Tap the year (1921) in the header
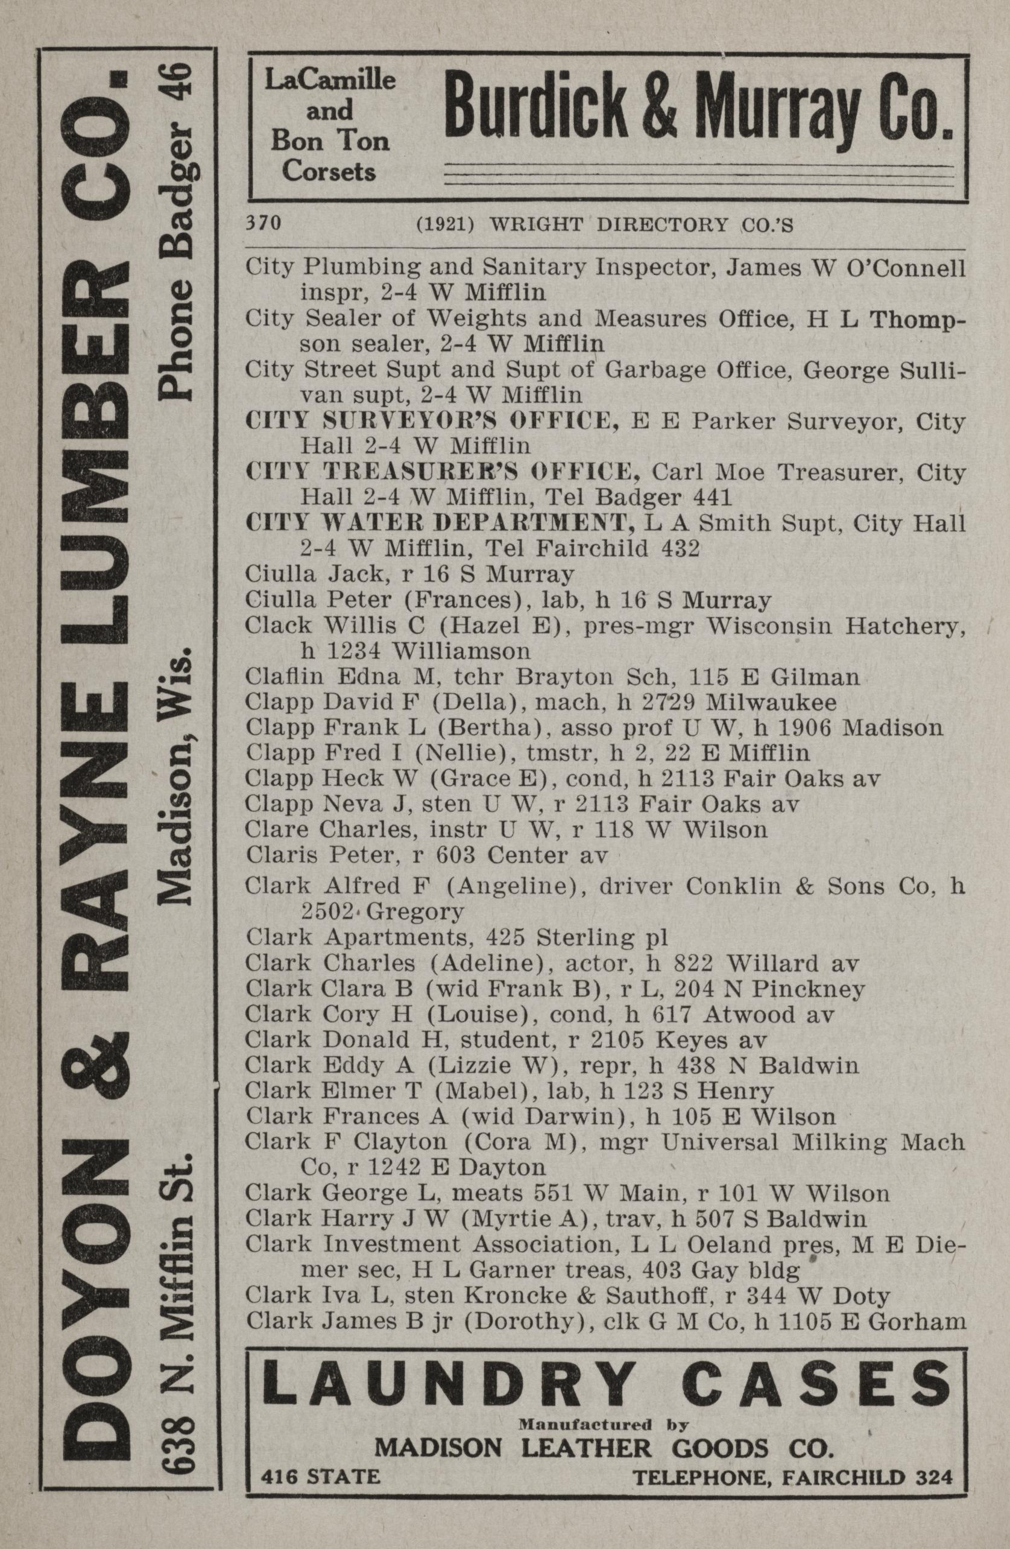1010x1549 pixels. coord(445,224)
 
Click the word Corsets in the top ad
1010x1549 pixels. coord(329,171)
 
